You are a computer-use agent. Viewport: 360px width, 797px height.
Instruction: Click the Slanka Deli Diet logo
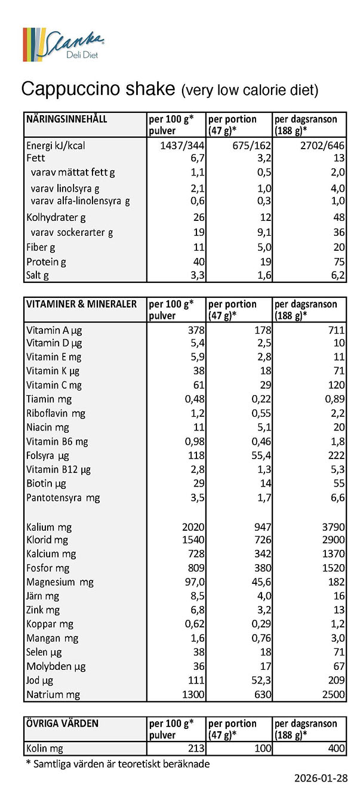[x=63, y=44]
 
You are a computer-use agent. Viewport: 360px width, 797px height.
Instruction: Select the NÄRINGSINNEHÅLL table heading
[x=66, y=119]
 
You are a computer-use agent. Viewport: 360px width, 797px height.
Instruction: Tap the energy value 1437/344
[x=182, y=145]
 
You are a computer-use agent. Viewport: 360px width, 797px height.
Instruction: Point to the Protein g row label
[x=46, y=262]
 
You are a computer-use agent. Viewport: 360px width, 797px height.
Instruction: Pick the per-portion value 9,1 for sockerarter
[x=264, y=232]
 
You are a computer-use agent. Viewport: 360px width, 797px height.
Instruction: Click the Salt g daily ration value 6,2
[x=338, y=275]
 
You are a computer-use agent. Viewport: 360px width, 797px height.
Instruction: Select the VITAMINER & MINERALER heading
[x=81, y=304]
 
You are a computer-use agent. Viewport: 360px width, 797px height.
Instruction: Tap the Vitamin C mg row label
[x=54, y=385]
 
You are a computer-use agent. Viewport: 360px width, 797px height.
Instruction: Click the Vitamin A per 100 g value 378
[x=196, y=330]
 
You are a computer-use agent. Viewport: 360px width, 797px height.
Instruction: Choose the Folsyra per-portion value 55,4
[x=261, y=456]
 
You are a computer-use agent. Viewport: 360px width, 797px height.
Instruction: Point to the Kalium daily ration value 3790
[x=334, y=527]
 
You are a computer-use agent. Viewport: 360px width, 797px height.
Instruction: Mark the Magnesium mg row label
[x=60, y=583]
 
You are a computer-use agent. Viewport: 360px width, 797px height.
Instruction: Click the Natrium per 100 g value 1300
[x=193, y=694]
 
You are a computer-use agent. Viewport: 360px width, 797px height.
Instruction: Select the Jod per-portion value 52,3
[x=261, y=681]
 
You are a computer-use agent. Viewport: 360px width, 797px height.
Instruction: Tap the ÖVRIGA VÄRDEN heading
[x=62, y=724]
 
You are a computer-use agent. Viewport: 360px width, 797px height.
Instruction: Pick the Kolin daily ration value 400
[x=337, y=748]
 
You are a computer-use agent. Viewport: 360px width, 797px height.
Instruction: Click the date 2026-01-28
[x=321, y=778]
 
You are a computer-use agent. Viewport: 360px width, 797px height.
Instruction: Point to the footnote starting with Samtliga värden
[x=118, y=764]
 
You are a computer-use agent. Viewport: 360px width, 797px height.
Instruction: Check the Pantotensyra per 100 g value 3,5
[x=198, y=497]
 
